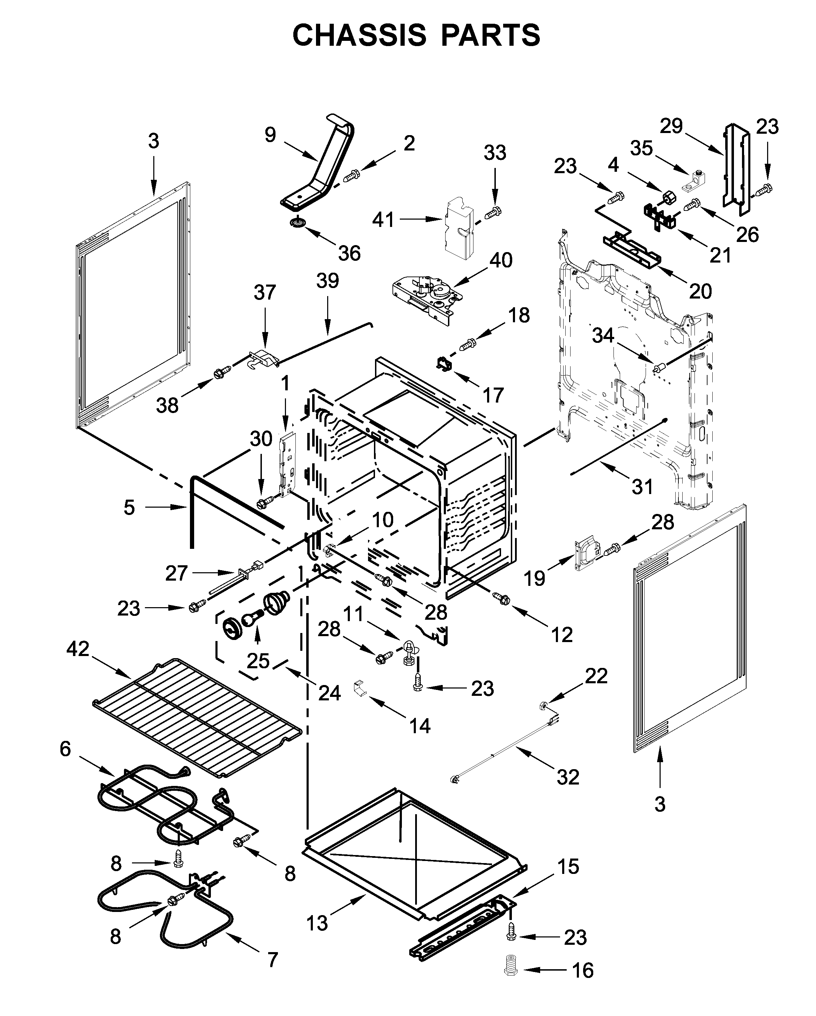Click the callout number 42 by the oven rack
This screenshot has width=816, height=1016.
click(78, 649)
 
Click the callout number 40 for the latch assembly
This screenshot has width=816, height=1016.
click(501, 260)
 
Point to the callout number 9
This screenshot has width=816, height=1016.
click(270, 135)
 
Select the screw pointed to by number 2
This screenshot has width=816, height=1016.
click(351, 177)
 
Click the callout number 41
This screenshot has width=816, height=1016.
click(383, 220)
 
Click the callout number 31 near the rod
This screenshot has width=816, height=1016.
click(642, 486)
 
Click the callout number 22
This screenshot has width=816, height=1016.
click(596, 676)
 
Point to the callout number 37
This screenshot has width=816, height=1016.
click(264, 293)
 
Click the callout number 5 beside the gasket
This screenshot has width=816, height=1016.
click(129, 508)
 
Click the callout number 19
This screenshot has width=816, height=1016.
click(535, 578)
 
